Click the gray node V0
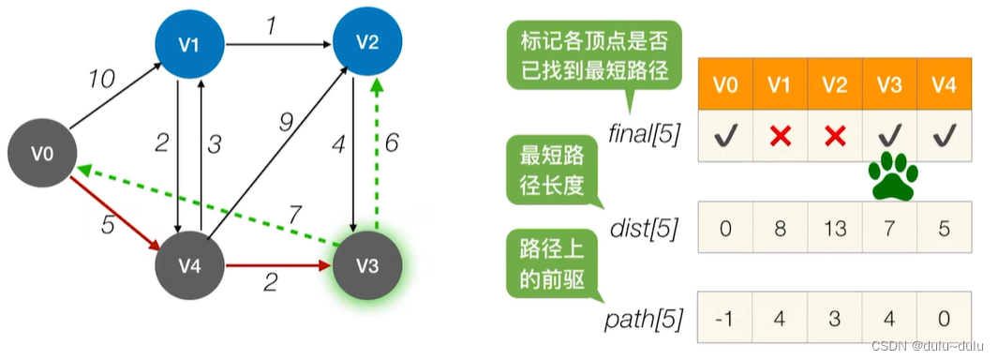[x=43, y=154]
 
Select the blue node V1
[x=190, y=44]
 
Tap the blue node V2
[x=367, y=41]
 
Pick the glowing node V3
[x=367, y=265]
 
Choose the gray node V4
[x=190, y=265]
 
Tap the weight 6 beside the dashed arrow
[x=392, y=143]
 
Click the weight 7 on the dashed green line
[x=294, y=217]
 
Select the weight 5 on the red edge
[x=108, y=224]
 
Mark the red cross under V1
[x=781, y=136]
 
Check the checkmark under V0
[x=725, y=136]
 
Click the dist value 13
[x=835, y=228]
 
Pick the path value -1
[x=725, y=318]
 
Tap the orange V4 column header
[x=944, y=84]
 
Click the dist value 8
[x=781, y=228]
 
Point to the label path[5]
[x=643, y=319]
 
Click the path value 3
[x=835, y=318]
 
